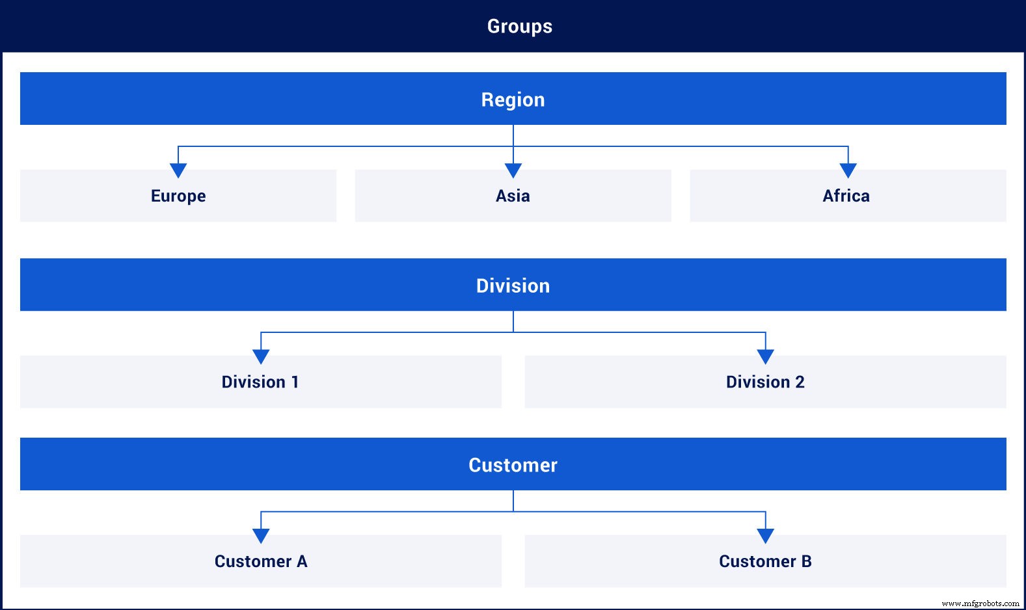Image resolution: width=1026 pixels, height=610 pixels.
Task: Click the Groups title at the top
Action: click(x=519, y=26)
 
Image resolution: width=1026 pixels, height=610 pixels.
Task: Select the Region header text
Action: click(x=513, y=99)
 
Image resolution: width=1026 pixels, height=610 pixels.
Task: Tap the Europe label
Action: click(x=178, y=196)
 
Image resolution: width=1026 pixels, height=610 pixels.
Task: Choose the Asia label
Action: click(x=513, y=196)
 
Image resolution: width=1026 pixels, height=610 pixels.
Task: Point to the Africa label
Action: click(x=846, y=196)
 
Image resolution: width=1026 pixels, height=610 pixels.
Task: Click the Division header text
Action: click(x=513, y=285)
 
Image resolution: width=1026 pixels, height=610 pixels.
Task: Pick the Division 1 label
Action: click(x=260, y=382)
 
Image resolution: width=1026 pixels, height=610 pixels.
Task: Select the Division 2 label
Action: click(x=765, y=382)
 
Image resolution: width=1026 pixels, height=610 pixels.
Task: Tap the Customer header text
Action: click(x=513, y=465)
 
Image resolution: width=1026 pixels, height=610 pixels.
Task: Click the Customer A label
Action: click(x=261, y=561)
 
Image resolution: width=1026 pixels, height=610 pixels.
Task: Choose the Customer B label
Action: click(x=765, y=561)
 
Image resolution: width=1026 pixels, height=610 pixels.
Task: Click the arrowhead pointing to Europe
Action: click(x=178, y=170)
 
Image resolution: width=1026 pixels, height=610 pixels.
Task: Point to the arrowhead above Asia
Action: click(x=513, y=170)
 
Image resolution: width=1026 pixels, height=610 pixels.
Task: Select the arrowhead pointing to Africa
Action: click(x=848, y=170)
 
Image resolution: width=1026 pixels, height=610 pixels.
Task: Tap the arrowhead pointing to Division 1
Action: click(x=261, y=356)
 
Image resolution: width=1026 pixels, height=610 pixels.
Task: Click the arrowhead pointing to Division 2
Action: click(x=766, y=356)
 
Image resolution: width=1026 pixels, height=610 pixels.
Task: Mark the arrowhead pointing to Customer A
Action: click(x=261, y=535)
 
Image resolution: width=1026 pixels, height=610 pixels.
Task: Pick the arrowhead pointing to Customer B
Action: click(x=766, y=535)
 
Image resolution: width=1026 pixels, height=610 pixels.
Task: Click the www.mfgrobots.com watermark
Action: click(x=980, y=603)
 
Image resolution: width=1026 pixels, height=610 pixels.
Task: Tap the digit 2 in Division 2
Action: click(x=800, y=382)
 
